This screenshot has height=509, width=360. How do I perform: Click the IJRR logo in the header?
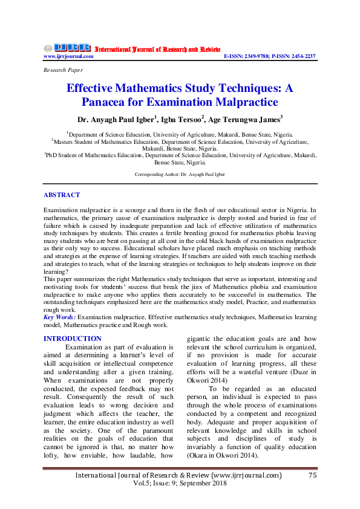pyautogui.click(x=67, y=48)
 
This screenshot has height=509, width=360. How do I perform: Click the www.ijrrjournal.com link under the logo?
pyautogui.click(x=68, y=56)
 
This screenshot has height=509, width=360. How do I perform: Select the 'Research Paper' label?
pyautogui.click(x=64, y=70)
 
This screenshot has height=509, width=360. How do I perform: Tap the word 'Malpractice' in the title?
pyautogui.click(x=238, y=102)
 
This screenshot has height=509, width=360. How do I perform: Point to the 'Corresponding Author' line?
pyautogui.click(x=180, y=174)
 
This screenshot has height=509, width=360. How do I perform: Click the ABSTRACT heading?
pyautogui.click(x=62, y=195)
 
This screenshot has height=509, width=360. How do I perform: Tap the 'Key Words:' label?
pyautogui.click(x=60, y=316)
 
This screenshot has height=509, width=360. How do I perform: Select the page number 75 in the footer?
pyautogui.click(x=313, y=476)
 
